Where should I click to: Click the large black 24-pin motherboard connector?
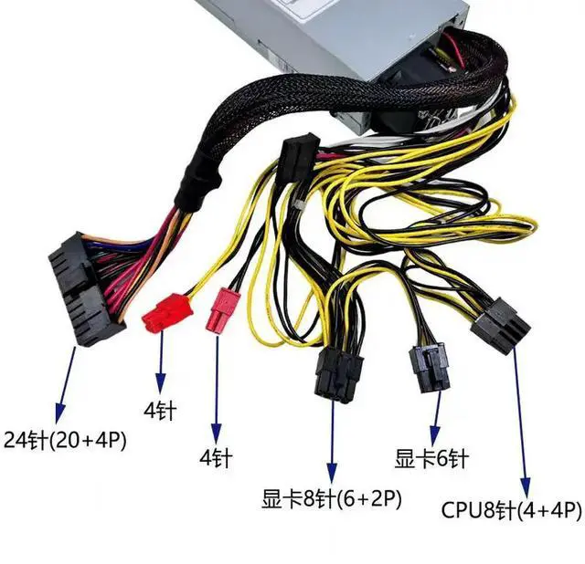(84, 287)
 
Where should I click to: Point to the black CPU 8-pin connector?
(500, 324)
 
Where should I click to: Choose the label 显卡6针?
(431, 457)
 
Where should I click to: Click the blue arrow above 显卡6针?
(436, 415)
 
